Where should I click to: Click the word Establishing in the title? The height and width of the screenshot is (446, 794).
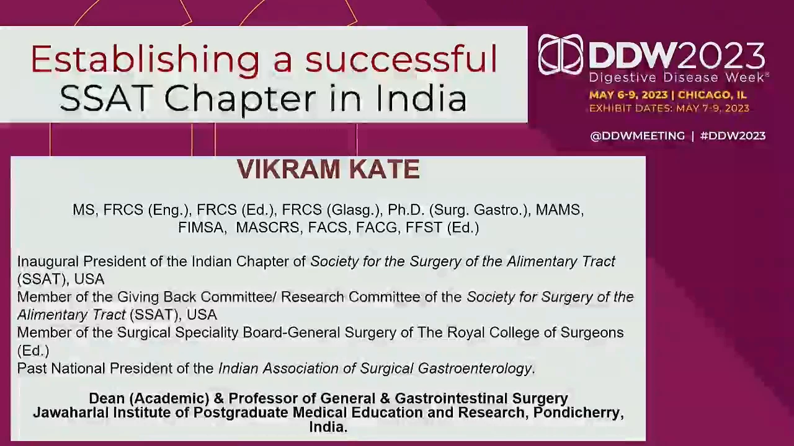pos(145,59)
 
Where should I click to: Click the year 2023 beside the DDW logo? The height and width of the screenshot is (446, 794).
pos(721,55)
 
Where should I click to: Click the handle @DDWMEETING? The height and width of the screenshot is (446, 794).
pos(637,136)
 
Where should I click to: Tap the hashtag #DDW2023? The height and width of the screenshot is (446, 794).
pos(733,136)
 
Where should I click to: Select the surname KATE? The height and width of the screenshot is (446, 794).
pos(385,169)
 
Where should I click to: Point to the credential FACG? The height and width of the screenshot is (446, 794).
pos(378,227)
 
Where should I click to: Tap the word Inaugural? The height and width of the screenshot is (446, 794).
pos(48,262)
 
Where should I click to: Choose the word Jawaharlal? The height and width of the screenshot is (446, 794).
pos(71,413)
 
